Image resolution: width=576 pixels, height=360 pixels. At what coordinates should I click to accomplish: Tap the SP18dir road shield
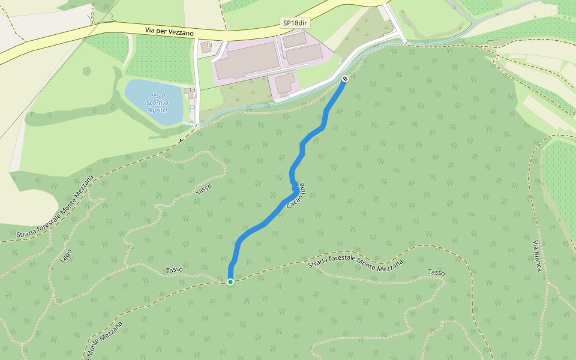click(x=295, y=23)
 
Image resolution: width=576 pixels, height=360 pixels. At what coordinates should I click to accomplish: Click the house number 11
click(x=209, y=45)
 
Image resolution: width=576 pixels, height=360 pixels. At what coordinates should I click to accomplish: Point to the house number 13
click(x=192, y=90)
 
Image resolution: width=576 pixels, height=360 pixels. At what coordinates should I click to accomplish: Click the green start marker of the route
click(x=230, y=281)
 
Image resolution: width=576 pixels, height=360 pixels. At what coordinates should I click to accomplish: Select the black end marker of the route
click(x=344, y=79)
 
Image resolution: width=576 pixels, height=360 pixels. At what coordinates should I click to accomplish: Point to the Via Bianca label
click(x=537, y=255)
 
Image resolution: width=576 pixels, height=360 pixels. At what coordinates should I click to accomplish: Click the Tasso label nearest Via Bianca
click(x=436, y=273)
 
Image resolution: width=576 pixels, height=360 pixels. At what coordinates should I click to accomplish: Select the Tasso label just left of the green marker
click(x=174, y=270)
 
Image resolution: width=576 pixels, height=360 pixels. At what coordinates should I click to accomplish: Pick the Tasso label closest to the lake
click(x=204, y=189)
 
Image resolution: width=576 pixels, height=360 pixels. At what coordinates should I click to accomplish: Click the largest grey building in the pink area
click(x=246, y=60)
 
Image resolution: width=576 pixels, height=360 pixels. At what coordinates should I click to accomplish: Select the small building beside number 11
click(x=206, y=50)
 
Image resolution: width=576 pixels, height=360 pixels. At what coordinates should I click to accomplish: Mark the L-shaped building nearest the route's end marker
click(x=285, y=83)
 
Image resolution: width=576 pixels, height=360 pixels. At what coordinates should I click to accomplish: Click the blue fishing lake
click(x=154, y=102)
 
